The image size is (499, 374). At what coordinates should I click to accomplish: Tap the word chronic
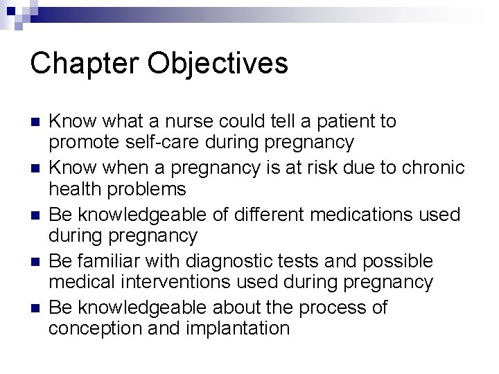tap(421, 168)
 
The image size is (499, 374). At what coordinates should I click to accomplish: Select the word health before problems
tap(72, 188)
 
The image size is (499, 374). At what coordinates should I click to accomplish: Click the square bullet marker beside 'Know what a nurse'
tap(33, 123)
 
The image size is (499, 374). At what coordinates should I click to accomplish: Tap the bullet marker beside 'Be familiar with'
tap(33, 262)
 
